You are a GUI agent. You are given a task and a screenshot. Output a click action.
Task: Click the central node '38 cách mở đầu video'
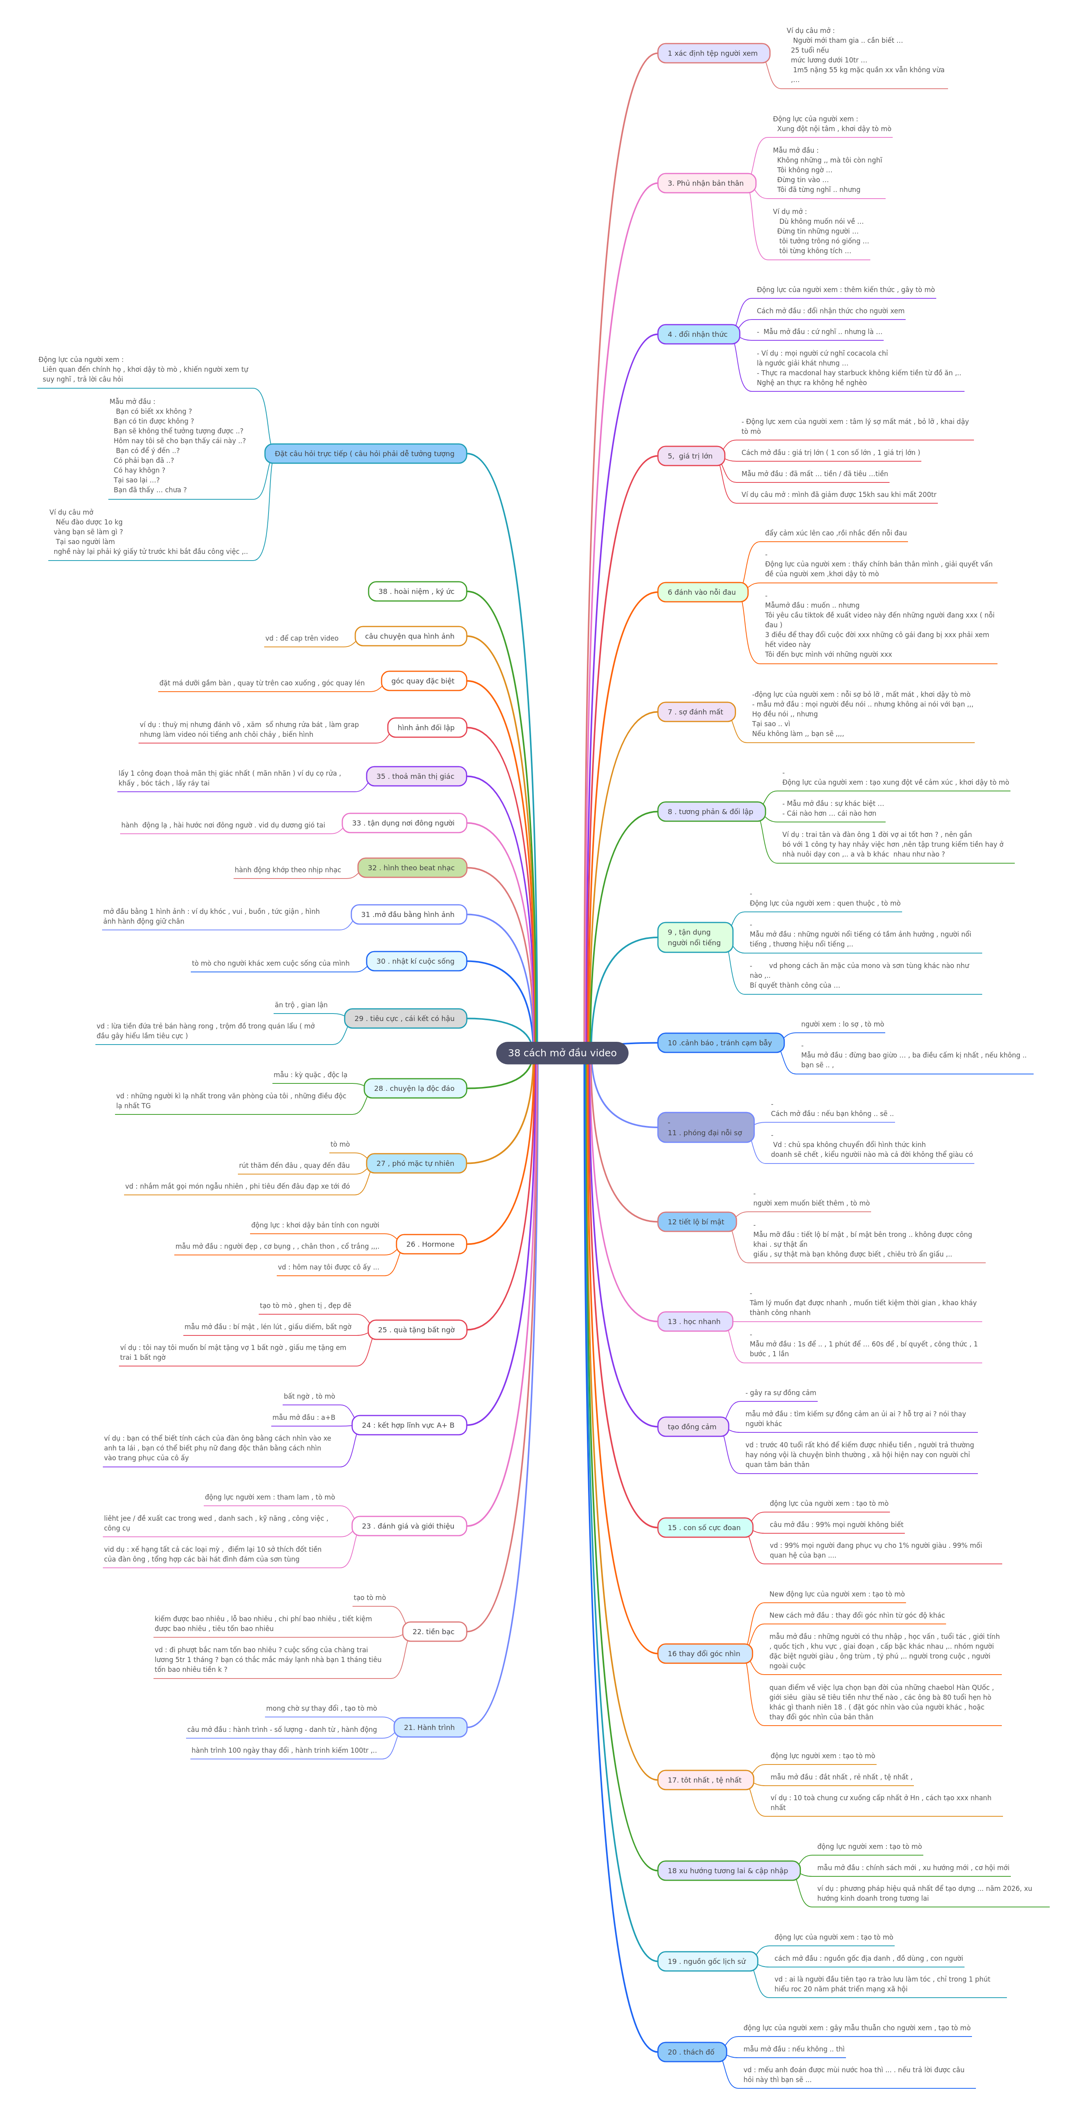562,1053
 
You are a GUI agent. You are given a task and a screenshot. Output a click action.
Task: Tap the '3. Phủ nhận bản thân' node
706,183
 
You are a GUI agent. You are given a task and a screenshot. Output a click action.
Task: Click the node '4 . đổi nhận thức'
698,334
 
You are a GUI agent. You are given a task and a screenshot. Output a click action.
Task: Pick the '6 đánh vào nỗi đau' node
702,592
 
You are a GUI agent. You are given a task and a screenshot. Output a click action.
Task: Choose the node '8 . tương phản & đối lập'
711,812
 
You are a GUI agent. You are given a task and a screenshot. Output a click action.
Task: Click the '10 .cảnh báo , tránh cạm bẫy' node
720,1043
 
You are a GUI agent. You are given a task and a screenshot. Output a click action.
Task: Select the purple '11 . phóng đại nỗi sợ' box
705,1127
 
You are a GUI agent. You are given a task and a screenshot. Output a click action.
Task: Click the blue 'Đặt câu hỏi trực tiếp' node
365,454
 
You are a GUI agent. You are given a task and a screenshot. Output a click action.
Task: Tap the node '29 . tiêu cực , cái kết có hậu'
406,1019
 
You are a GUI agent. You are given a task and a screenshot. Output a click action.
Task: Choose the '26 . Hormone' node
431,1244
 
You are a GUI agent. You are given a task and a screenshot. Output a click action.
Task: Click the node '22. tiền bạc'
434,1632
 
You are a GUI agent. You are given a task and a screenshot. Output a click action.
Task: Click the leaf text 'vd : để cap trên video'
301,639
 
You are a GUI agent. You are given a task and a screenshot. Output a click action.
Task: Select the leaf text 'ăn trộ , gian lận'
301,1005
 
